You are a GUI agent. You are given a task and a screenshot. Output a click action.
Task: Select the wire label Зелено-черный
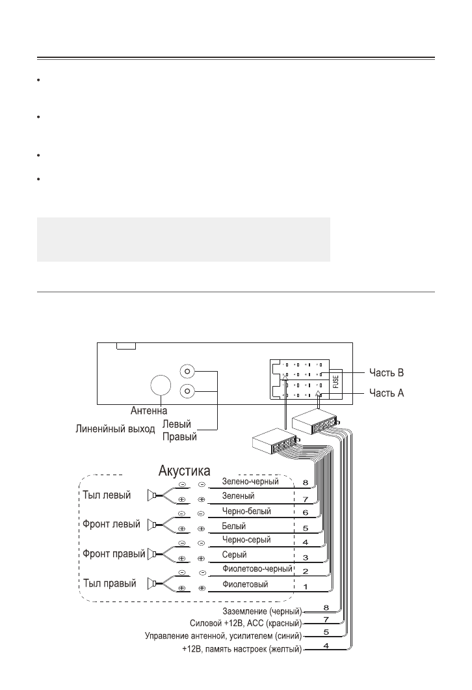point(250,482)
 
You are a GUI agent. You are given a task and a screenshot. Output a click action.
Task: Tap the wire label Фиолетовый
point(244,584)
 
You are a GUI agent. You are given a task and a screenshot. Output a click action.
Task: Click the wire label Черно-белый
point(246,512)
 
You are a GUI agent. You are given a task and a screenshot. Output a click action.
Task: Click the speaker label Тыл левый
point(107,495)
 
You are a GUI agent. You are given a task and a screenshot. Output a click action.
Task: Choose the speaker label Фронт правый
point(112,554)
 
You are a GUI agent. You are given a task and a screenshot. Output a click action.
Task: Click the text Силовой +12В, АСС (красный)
point(245,623)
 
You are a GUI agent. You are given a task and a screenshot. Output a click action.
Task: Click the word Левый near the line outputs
point(176,424)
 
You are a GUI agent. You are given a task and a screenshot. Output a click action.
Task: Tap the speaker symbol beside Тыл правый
point(151,583)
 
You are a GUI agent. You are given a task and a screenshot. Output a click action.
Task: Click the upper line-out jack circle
point(188,372)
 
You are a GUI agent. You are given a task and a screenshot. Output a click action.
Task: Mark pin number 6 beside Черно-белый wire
point(305,512)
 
